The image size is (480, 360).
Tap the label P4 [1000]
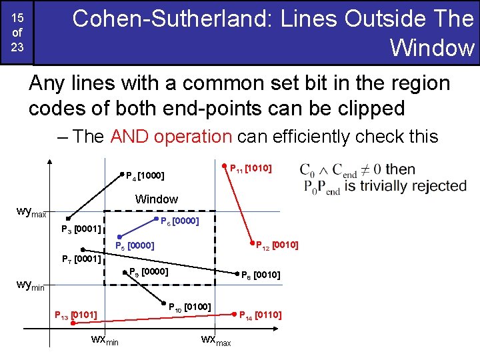[145, 177]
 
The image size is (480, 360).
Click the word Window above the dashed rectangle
[157, 199]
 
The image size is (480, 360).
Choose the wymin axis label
[30, 285]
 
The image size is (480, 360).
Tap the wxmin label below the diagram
[105, 340]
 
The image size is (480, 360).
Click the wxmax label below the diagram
[215, 341]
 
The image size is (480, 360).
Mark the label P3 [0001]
[81, 230]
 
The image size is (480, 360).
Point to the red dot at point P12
[252, 243]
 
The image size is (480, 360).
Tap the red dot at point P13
[74, 323]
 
